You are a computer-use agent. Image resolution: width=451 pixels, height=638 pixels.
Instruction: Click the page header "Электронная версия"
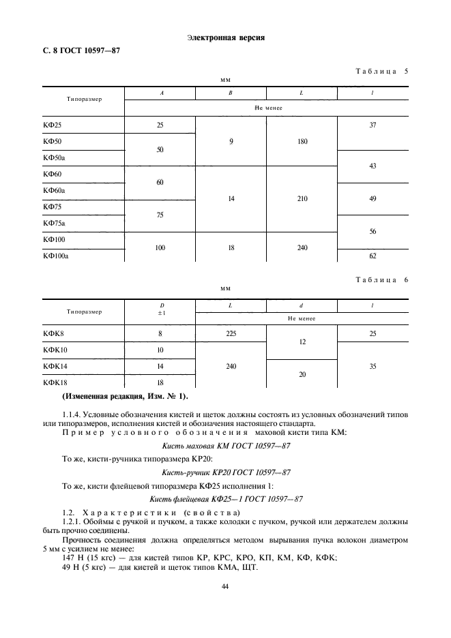coord(225,37)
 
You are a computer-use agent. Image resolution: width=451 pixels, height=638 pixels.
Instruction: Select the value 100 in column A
coord(160,247)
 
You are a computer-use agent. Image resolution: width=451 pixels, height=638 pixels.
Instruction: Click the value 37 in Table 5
coord(373,125)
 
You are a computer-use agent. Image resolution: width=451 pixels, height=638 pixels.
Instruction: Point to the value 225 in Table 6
coord(231,333)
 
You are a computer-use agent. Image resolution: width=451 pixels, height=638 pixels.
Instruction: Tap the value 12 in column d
coord(302,342)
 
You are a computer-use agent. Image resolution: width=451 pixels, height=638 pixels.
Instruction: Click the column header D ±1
coord(160,309)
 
